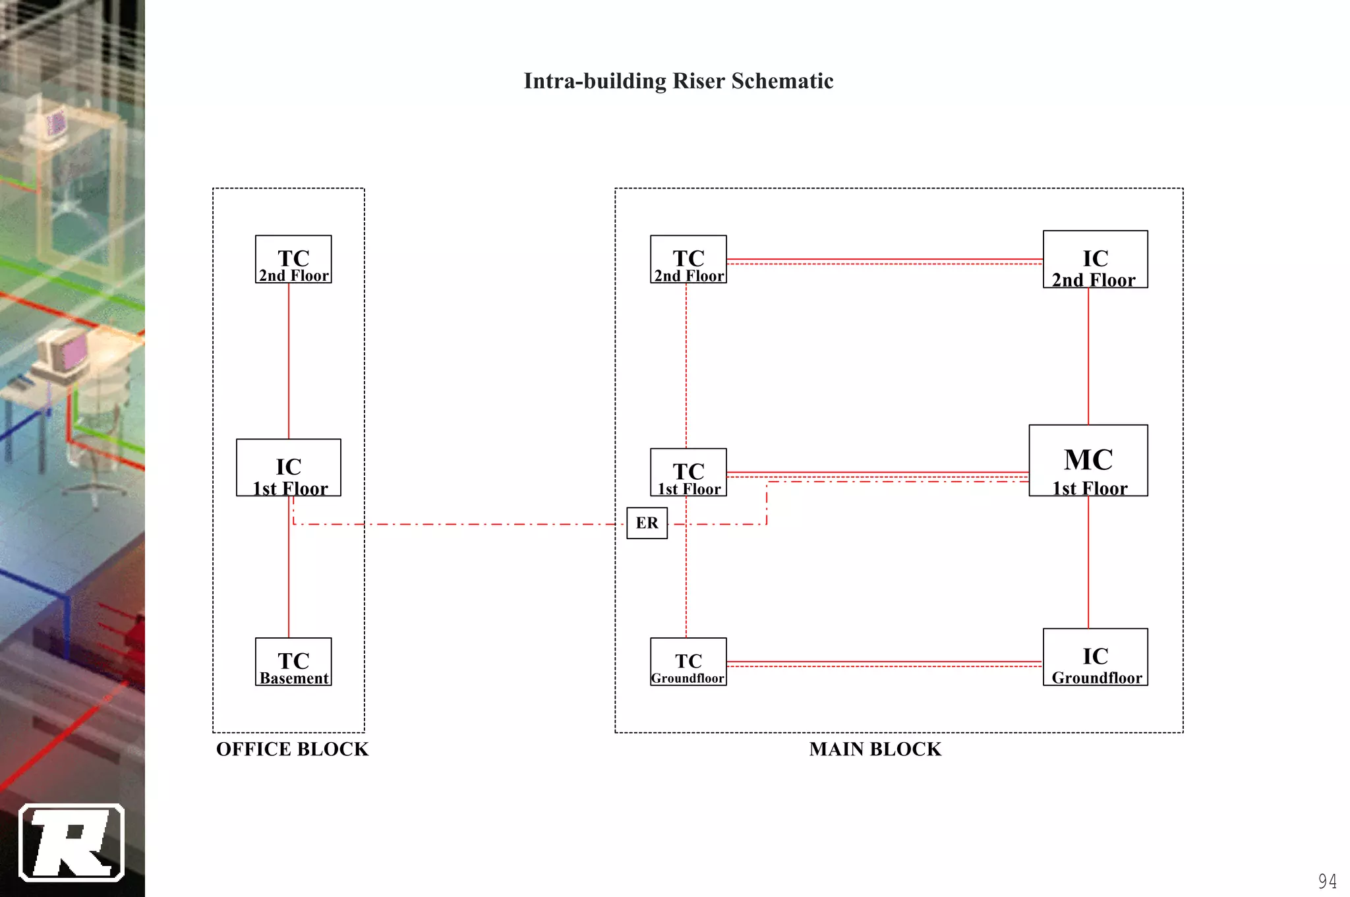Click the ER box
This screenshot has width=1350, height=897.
pyautogui.click(x=647, y=523)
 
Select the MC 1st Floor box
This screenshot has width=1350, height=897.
pyautogui.click(x=1088, y=461)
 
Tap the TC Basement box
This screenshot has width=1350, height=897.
pyautogui.click(x=293, y=662)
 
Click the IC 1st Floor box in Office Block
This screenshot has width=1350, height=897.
pyautogui.click(x=289, y=467)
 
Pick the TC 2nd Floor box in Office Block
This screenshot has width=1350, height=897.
pyautogui.click(x=293, y=259)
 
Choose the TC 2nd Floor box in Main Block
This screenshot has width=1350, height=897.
pyautogui.click(x=688, y=259)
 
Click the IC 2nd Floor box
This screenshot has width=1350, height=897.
pyautogui.click(x=1095, y=259)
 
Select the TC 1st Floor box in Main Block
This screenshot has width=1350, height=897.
pyautogui.click(x=688, y=472)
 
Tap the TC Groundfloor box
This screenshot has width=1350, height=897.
pyautogui.click(x=688, y=662)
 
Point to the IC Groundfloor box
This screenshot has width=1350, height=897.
pyautogui.click(x=1095, y=657)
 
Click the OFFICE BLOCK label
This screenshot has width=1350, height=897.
pyautogui.click(x=292, y=749)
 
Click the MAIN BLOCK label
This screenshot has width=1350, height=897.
pyautogui.click(x=875, y=749)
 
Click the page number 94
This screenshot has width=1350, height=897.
pyautogui.click(x=1327, y=881)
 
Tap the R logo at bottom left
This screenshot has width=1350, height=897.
pyautogui.click(x=71, y=842)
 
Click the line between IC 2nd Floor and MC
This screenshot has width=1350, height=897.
pyautogui.click(x=1088, y=356)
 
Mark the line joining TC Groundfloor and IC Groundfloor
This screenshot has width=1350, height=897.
pyautogui.click(x=883, y=662)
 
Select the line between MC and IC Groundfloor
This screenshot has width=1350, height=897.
pyautogui.click(x=1088, y=562)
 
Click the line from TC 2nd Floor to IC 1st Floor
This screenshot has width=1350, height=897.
pyautogui.click(x=289, y=361)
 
